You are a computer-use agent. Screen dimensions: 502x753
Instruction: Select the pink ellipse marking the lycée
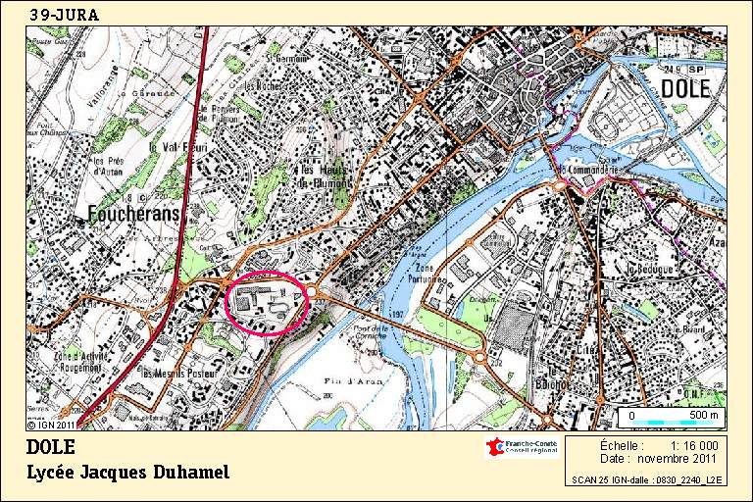tap(268, 303)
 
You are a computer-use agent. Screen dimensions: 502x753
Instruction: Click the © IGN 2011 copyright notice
tap(51, 425)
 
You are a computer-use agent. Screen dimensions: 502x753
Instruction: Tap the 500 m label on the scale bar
tap(702, 416)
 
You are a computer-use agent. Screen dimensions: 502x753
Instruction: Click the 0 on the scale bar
tap(632, 416)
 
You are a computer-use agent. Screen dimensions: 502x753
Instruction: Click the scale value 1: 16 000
tap(693, 445)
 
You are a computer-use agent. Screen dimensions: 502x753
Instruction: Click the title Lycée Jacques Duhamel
tap(127, 474)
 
